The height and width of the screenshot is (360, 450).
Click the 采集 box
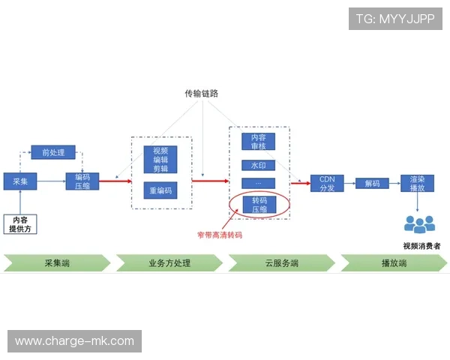[19, 181]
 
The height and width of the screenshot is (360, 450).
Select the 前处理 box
[53, 153]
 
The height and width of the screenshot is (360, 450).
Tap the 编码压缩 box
[82, 181]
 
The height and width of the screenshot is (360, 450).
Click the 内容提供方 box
[19, 223]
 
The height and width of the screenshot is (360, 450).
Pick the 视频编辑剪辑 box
[160, 159]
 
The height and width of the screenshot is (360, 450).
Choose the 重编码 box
[160, 190]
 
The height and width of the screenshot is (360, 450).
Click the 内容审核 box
[259, 142]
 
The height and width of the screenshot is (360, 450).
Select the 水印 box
[259, 165]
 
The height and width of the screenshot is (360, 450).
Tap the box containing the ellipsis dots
[259, 183]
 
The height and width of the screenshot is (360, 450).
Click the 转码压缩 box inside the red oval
[259, 205]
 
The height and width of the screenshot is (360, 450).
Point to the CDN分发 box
[327, 183]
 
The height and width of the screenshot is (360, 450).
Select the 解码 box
[372, 183]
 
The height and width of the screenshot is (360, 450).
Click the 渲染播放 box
[417, 183]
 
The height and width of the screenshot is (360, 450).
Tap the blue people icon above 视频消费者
[419, 223]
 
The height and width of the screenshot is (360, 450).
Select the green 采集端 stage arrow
[57, 263]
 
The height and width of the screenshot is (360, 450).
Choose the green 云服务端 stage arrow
[282, 263]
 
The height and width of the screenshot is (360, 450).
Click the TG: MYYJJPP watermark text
[395, 19]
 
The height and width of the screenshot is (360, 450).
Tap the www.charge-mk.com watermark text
[74, 341]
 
